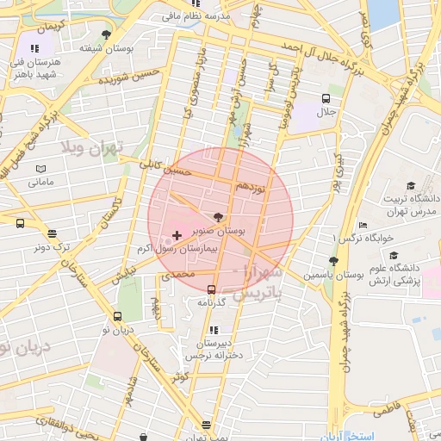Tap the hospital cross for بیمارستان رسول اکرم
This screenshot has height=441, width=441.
(x=177, y=235)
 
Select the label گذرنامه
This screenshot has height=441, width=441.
(x=211, y=302)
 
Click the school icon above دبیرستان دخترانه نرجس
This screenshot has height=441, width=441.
(x=213, y=329)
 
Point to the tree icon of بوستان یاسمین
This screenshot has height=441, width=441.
(x=333, y=261)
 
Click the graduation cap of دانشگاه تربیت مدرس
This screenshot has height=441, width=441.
(x=411, y=186)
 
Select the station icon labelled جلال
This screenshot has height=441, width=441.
(x=326, y=99)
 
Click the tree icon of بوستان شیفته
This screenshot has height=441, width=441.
(x=106, y=34)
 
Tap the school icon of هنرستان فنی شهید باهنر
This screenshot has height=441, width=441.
(x=34, y=49)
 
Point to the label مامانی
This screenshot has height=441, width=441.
(x=41, y=183)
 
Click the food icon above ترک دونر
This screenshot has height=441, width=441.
(x=53, y=233)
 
